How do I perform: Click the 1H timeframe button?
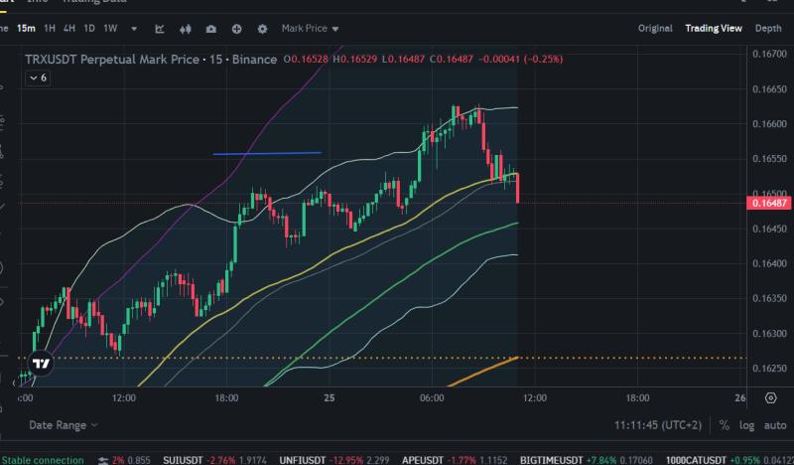point(50,29)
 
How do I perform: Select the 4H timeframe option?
point(69,29)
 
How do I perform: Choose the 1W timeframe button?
point(110,29)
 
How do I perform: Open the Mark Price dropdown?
point(310,29)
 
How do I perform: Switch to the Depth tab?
point(768,29)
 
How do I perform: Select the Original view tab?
point(654,29)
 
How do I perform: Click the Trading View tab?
point(714,29)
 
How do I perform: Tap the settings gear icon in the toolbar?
point(262,29)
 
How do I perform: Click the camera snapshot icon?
point(210,29)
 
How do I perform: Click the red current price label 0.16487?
point(770,203)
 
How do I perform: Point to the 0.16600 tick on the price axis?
point(770,124)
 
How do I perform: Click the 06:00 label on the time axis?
point(431,397)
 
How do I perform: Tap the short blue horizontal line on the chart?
point(267,153)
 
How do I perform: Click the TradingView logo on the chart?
point(41,364)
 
